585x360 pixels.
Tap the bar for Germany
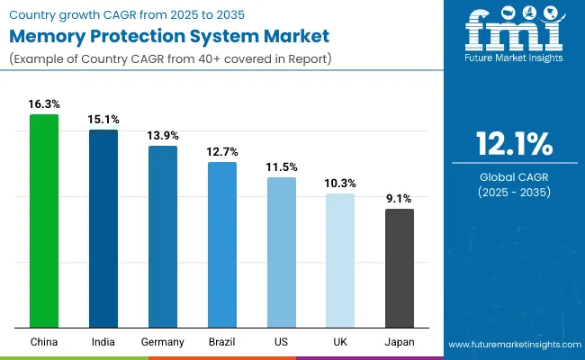pyautogui.click(x=162, y=237)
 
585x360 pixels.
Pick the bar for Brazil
pyautogui.click(x=221, y=245)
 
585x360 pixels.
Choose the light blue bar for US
pyautogui.click(x=281, y=252)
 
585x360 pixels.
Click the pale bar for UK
pyautogui.click(x=340, y=260)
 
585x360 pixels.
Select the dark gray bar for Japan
pyautogui.click(x=400, y=268)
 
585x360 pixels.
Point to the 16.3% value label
pyautogui.click(x=43, y=104)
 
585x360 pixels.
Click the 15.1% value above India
pyautogui.click(x=103, y=120)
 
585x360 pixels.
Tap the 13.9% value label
pyautogui.click(x=162, y=136)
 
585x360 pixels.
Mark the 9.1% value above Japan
pyautogui.click(x=400, y=199)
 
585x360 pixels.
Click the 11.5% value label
pyautogui.click(x=281, y=167)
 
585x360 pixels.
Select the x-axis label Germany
pyautogui.click(x=162, y=342)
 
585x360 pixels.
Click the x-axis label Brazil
pyautogui.click(x=221, y=342)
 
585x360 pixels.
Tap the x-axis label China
pyautogui.click(x=43, y=342)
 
